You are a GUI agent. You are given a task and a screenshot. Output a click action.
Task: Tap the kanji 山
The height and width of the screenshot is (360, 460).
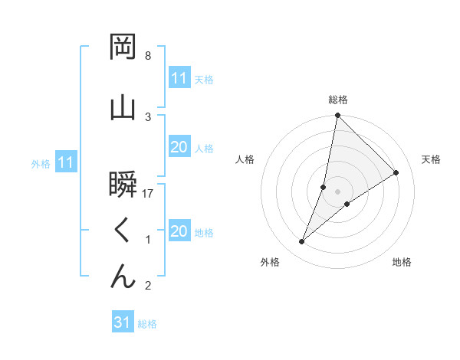(x=123, y=106)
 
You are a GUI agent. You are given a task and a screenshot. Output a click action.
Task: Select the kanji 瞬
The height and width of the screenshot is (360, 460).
(x=123, y=185)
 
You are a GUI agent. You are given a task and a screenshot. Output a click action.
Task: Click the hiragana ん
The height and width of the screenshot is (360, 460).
(x=123, y=277)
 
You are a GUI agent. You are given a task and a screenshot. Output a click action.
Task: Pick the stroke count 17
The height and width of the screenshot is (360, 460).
(x=149, y=195)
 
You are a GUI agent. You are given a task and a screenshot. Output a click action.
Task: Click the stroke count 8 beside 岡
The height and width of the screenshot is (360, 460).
(x=148, y=56)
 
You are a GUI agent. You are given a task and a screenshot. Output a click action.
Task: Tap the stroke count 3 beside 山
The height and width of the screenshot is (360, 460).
(x=148, y=116)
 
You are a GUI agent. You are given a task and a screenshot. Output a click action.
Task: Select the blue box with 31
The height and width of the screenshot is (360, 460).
(x=123, y=322)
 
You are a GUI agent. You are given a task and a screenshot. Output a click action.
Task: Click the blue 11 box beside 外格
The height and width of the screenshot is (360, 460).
(x=65, y=162)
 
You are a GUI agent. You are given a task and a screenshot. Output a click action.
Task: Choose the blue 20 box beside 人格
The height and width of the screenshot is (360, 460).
(x=179, y=147)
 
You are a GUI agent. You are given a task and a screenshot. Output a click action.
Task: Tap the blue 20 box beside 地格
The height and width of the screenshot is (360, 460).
(x=179, y=231)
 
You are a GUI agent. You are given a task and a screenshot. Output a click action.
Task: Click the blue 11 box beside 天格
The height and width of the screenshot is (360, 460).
(x=179, y=78)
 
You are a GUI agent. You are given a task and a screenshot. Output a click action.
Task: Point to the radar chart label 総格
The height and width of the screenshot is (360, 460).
(x=338, y=100)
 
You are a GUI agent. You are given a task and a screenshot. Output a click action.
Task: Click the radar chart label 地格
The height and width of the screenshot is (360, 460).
(x=402, y=263)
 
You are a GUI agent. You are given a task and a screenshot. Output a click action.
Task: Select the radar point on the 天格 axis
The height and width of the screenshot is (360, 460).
(x=396, y=173)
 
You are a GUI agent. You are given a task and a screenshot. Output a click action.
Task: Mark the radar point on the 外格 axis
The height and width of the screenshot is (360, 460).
(x=302, y=242)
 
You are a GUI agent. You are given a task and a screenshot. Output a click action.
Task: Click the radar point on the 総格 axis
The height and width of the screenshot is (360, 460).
(x=338, y=116)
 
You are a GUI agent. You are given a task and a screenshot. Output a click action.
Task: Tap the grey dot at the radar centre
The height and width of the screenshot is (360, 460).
(x=338, y=191)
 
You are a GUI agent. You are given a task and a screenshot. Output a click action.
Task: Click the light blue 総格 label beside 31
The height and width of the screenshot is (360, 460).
(x=147, y=324)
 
